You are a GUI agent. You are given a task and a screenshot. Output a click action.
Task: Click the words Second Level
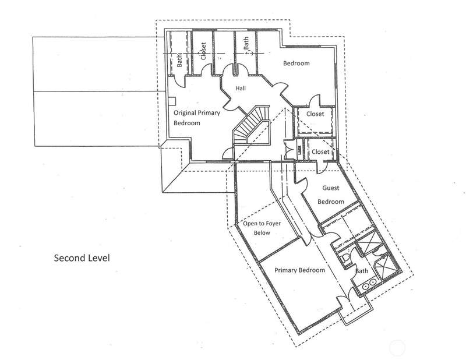click(x=82, y=257)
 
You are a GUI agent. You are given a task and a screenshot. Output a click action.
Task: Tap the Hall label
click(x=241, y=89)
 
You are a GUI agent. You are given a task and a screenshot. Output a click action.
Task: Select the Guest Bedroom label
click(x=331, y=195)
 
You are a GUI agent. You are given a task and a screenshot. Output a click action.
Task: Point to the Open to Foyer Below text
click(x=262, y=228)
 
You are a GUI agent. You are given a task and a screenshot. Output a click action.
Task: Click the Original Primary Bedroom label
click(x=197, y=118)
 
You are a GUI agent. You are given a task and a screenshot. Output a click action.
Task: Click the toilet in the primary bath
click(x=345, y=257)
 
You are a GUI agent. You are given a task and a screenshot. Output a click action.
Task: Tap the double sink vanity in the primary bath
click(x=369, y=284)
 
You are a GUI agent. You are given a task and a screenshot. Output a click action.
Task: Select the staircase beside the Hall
click(x=251, y=125)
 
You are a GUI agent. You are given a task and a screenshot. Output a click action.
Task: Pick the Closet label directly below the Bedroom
click(x=315, y=114)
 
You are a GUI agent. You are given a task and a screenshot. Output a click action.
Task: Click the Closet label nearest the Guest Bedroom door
click(x=320, y=152)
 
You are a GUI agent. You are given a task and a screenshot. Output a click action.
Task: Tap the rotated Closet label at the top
click(x=203, y=51)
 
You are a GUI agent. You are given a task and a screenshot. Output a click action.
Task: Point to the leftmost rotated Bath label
click(x=179, y=60)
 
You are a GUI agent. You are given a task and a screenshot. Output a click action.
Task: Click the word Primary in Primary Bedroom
click(x=285, y=270)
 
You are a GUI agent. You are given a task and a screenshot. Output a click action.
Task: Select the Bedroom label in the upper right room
click(x=296, y=63)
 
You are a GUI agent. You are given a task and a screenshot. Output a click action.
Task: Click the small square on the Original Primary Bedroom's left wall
click(x=172, y=101)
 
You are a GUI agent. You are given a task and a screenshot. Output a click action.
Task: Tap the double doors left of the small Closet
click(x=288, y=150)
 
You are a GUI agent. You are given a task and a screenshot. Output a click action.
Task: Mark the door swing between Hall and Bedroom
click(x=280, y=88)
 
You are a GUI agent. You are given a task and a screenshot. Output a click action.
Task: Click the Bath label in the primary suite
click(x=362, y=271)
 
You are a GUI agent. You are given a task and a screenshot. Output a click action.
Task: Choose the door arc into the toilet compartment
click(x=353, y=255)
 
